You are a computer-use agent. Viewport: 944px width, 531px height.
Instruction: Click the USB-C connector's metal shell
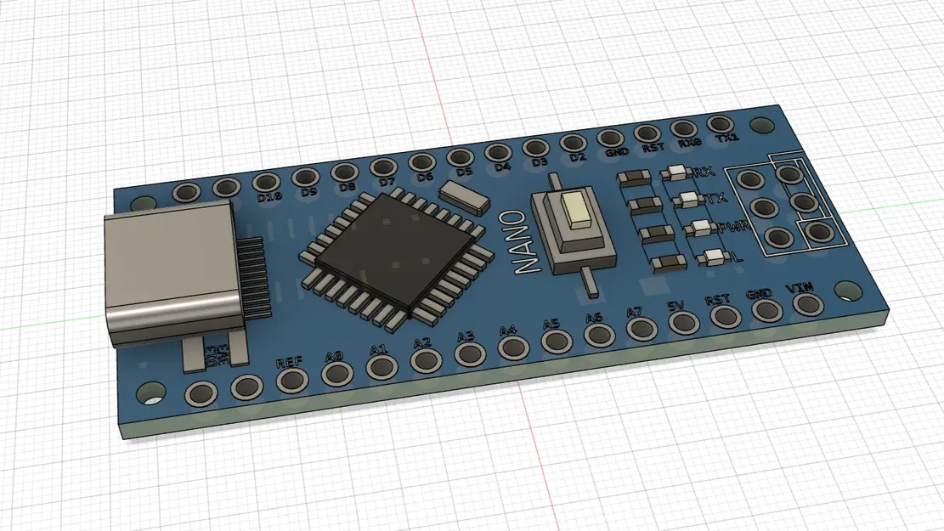click(x=170, y=272)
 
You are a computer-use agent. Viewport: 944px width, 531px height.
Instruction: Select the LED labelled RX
click(x=676, y=173)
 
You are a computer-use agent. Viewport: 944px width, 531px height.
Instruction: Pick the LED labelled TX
click(x=684, y=201)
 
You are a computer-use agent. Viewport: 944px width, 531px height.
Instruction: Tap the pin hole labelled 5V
click(x=682, y=323)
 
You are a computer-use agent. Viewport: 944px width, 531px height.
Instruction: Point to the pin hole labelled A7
click(x=639, y=330)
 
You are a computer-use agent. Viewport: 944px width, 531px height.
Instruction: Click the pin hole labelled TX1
click(x=721, y=126)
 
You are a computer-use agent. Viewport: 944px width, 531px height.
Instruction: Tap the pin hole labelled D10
click(x=266, y=183)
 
